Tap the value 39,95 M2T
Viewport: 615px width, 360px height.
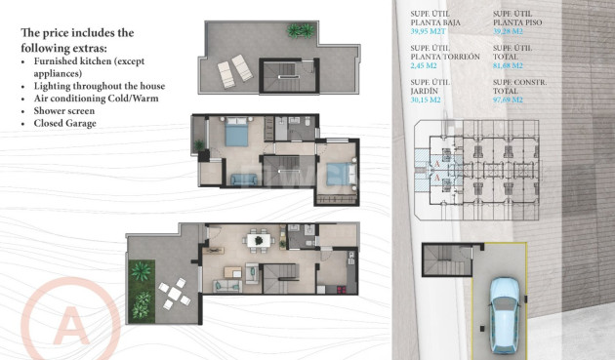pos(430,30)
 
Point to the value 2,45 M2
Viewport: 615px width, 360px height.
pos(427,65)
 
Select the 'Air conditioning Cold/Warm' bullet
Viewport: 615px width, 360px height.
pos(96,98)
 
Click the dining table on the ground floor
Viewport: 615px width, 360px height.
pos(258,240)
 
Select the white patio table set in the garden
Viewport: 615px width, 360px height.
pos(172,290)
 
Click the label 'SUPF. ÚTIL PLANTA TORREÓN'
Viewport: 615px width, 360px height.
pos(444,52)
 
